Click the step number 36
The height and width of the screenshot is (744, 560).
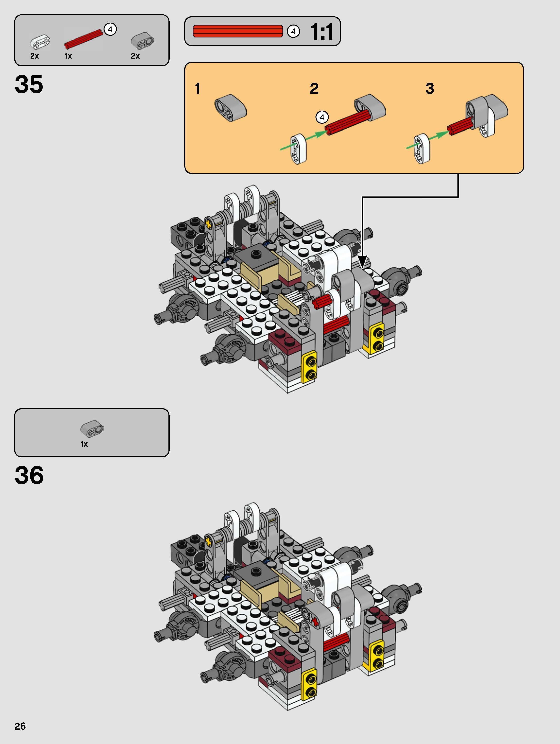29,475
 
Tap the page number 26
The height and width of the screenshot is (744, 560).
20,726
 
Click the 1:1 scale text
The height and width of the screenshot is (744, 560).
322,32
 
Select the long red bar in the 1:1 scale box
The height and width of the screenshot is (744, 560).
238,31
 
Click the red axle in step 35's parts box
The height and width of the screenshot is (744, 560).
83,39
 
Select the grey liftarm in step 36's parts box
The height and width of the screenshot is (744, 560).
92,428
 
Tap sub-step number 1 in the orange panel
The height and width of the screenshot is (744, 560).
198,89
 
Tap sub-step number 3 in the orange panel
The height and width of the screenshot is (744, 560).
429,89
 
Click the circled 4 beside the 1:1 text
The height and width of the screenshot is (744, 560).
293,32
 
